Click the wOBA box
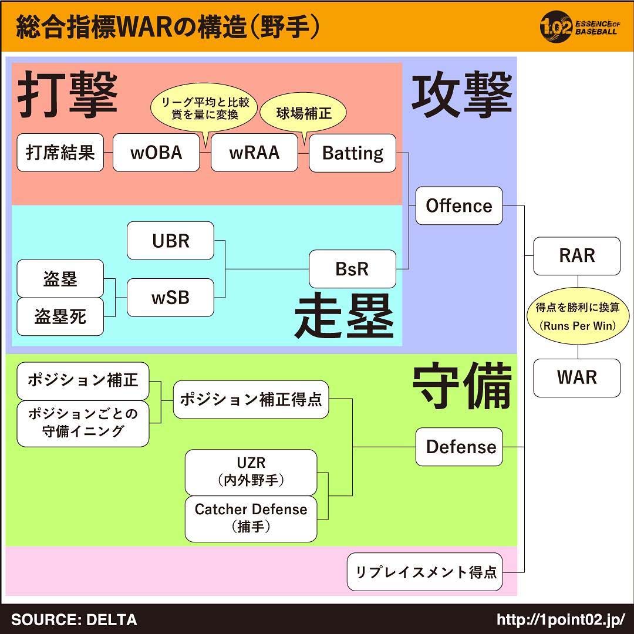point(156,153)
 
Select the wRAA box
point(254,153)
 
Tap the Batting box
point(352,153)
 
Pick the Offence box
point(459,205)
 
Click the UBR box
point(170,241)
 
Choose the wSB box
point(170,298)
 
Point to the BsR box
point(352,269)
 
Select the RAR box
point(576,256)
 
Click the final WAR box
point(576,377)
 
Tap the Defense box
point(459,447)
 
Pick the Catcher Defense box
point(251,519)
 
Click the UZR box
point(251,472)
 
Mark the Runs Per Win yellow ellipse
point(578,316)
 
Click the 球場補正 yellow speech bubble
point(303,114)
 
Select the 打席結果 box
point(60,153)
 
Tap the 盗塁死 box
point(60,316)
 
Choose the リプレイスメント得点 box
point(424,572)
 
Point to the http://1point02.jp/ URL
point(561,619)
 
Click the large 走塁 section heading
point(344,316)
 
